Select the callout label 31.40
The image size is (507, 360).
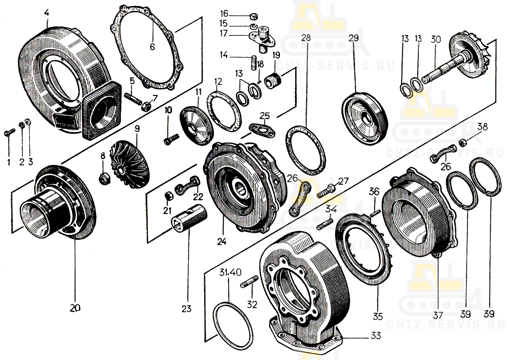tap(228, 273)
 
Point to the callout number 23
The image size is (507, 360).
tap(188, 308)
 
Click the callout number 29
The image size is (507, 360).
tap(353, 38)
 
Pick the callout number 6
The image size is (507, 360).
tap(152, 47)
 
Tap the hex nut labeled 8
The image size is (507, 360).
tap(104, 177)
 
